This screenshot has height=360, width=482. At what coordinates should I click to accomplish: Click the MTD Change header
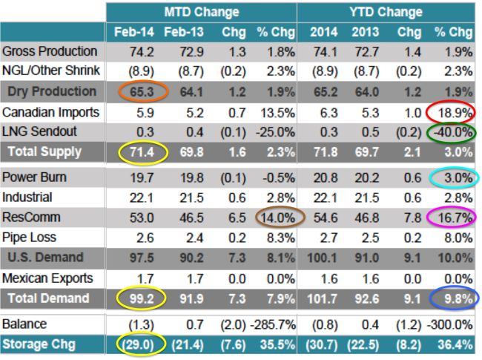tap(202, 13)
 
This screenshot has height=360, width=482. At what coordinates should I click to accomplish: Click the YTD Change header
tap(386, 13)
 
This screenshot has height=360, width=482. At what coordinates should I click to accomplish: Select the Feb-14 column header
tap(134, 32)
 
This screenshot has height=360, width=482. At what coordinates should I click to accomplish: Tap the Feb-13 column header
tap(184, 32)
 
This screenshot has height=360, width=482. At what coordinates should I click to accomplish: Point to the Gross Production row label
tap(50, 51)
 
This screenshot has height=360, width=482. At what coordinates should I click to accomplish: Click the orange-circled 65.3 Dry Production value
tap(142, 92)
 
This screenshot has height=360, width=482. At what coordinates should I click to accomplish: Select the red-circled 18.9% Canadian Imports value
tap(455, 113)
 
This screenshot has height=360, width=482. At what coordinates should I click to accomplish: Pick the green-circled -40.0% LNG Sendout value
tap(453, 133)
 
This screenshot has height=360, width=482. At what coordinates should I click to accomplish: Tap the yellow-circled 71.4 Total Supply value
tap(142, 152)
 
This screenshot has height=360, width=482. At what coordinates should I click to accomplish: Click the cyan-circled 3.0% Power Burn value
tap(458, 178)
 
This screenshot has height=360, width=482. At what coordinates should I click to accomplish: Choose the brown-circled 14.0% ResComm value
tap(277, 217)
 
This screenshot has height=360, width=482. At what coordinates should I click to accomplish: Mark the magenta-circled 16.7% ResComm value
tap(455, 217)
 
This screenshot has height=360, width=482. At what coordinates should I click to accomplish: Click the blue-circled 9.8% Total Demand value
tap(458, 299)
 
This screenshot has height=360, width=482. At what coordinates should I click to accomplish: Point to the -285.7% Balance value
tap(274, 324)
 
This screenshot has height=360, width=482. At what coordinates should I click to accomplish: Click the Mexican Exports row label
tap(47, 278)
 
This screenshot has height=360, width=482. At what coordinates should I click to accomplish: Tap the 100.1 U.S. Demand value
tap(322, 258)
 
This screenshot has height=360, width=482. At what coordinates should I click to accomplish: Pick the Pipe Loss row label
tap(29, 238)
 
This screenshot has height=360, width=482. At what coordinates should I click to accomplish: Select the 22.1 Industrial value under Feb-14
tap(142, 198)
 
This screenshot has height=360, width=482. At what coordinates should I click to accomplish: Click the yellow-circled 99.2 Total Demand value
tap(142, 299)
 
